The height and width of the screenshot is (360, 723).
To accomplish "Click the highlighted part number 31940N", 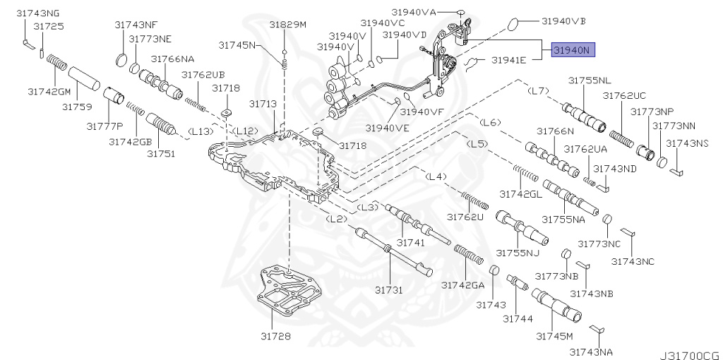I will coord(574,50).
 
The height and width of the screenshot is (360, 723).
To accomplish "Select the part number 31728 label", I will coord(275,336).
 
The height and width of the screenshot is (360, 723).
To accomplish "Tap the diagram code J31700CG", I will coord(688,349).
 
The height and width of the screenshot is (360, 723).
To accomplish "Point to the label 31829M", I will coord(287,25).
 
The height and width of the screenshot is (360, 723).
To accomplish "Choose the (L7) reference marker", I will coord(539,91).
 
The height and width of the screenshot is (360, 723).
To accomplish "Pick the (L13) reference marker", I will coord(201,131).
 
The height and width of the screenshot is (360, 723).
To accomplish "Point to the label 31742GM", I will coord(49,91).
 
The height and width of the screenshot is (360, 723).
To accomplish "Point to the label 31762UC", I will coord(624,95).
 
